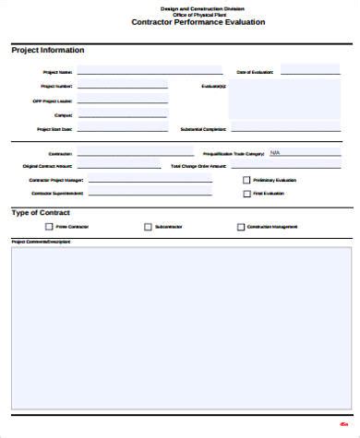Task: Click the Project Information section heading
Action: pyautogui.click(x=47, y=50)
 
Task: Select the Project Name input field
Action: pyautogui.click(x=150, y=70)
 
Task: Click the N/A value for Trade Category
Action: pyautogui.click(x=275, y=153)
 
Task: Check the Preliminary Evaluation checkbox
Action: pyautogui.click(x=246, y=180)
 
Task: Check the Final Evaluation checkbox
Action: pyautogui.click(x=246, y=194)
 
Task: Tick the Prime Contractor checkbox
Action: pyautogui.click(x=49, y=226)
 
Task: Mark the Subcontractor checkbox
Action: pyautogui.click(x=148, y=226)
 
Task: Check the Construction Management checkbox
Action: pyautogui.click(x=241, y=226)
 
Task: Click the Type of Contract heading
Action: pyautogui.click(x=42, y=212)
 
